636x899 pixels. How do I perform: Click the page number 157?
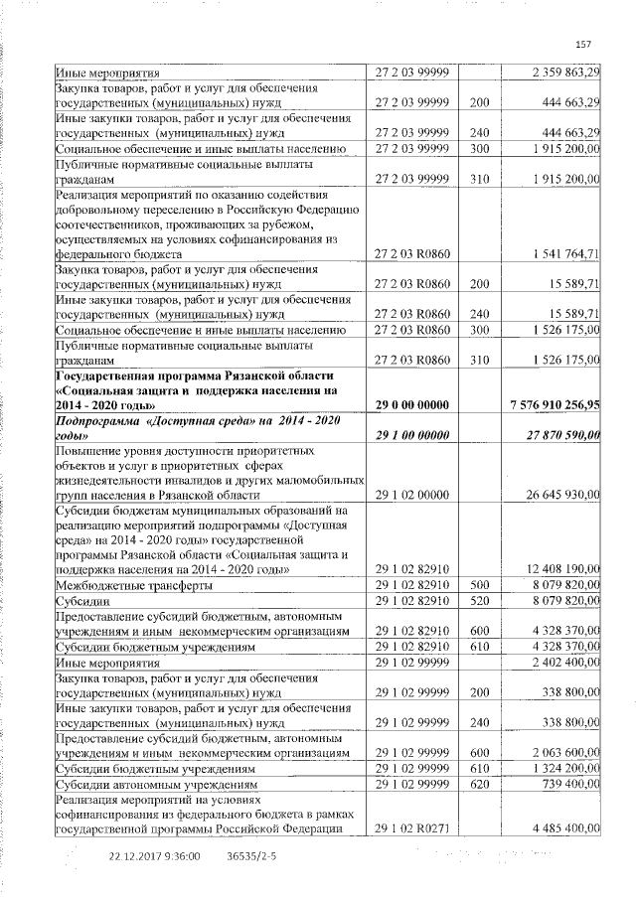point(583,44)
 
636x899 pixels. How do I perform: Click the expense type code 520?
point(480,601)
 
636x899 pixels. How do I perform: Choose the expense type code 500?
point(480,587)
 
